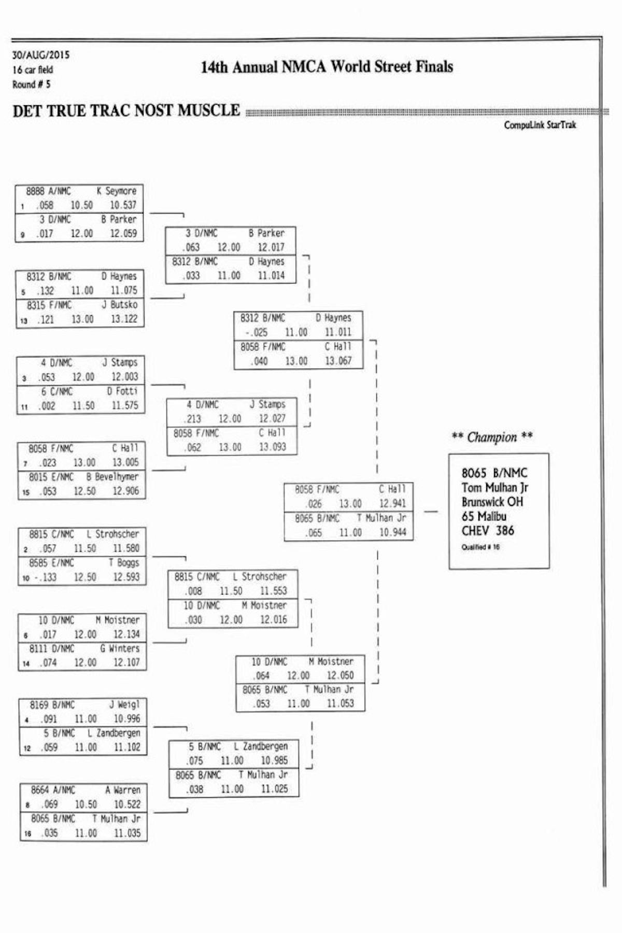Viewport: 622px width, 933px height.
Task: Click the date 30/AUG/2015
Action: (41, 55)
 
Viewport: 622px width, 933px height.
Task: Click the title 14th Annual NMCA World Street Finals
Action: (327, 67)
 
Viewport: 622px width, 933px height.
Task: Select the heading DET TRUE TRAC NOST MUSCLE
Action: (126, 111)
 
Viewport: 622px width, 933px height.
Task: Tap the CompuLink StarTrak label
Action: (540, 125)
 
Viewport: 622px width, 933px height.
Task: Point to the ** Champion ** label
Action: (492, 437)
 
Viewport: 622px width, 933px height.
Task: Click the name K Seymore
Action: (116, 191)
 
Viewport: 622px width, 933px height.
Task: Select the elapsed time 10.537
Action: (123, 205)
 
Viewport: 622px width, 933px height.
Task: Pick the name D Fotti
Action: (122, 391)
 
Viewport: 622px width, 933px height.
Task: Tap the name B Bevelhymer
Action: (112, 477)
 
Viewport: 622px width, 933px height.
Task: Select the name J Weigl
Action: (124, 704)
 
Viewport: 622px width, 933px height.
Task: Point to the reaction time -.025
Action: (257, 332)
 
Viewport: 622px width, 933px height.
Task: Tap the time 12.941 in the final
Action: (392, 503)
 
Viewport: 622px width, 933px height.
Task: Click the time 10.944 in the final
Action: (392, 532)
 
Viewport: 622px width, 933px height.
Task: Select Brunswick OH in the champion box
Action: (492, 502)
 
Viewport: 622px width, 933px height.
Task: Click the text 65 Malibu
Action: (484, 516)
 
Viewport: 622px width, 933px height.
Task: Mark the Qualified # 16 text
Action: (480, 547)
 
